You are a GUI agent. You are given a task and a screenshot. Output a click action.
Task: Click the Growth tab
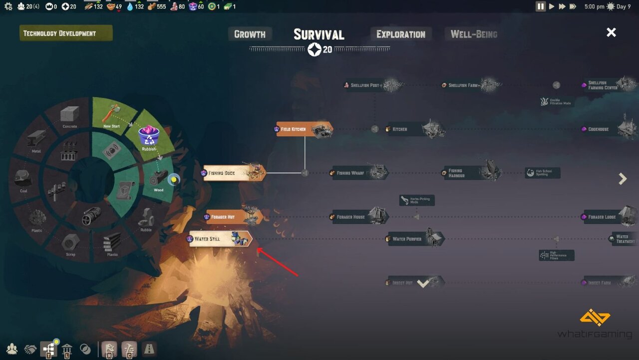pyautogui.click(x=250, y=34)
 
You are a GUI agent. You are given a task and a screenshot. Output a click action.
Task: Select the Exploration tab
pyautogui.click(x=401, y=34)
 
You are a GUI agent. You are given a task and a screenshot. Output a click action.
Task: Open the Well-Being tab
pyautogui.click(x=473, y=34)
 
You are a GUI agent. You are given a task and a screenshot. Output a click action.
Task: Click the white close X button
pyautogui.click(x=611, y=32)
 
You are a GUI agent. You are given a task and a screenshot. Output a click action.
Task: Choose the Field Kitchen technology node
pyautogui.click(x=304, y=129)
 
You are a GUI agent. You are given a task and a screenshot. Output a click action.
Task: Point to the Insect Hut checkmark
pyautogui.click(x=423, y=283)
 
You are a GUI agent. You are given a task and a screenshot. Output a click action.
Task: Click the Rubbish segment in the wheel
pyautogui.click(x=149, y=137)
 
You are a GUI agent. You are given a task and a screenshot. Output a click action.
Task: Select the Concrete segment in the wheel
pyautogui.click(x=70, y=117)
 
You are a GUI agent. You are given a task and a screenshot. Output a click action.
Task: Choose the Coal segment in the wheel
pyautogui.click(x=23, y=180)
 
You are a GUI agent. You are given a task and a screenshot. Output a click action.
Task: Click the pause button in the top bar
pyautogui.click(x=541, y=6)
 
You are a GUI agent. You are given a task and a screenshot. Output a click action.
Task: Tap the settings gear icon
pyautogui.click(x=8, y=6)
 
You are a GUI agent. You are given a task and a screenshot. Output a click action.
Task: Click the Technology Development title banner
pyautogui.click(x=66, y=33)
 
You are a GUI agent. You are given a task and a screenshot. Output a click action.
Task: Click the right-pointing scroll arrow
pyautogui.click(x=623, y=179)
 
